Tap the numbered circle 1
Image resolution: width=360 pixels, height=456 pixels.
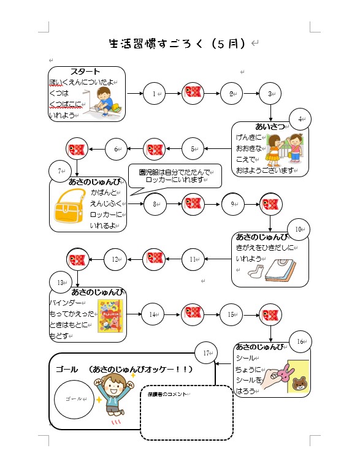click(x=155, y=94)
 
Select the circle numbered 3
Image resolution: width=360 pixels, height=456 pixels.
click(x=269, y=94)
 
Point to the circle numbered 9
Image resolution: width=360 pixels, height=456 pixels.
click(x=232, y=205)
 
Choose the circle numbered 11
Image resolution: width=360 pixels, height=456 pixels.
click(x=193, y=259)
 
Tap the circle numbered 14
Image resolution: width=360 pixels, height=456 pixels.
click(x=153, y=314)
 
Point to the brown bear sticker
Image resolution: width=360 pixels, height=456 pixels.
click(x=299, y=385)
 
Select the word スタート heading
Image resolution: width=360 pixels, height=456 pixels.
click(x=85, y=72)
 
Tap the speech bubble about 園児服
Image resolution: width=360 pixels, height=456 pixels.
click(x=175, y=177)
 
